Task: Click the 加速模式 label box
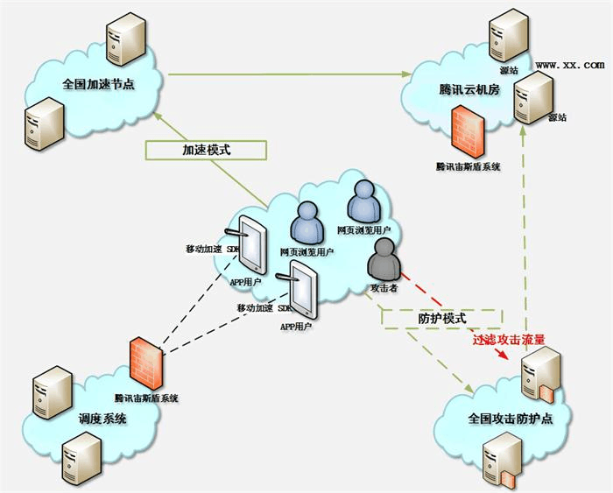pyautogui.click(x=206, y=150)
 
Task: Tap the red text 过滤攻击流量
pyautogui.click(x=509, y=338)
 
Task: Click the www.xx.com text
pyautogui.click(x=569, y=65)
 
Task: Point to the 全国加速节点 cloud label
pyautogui.click(x=99, y=85)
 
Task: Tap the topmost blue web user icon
pyautogui.click(x=363, y=202)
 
